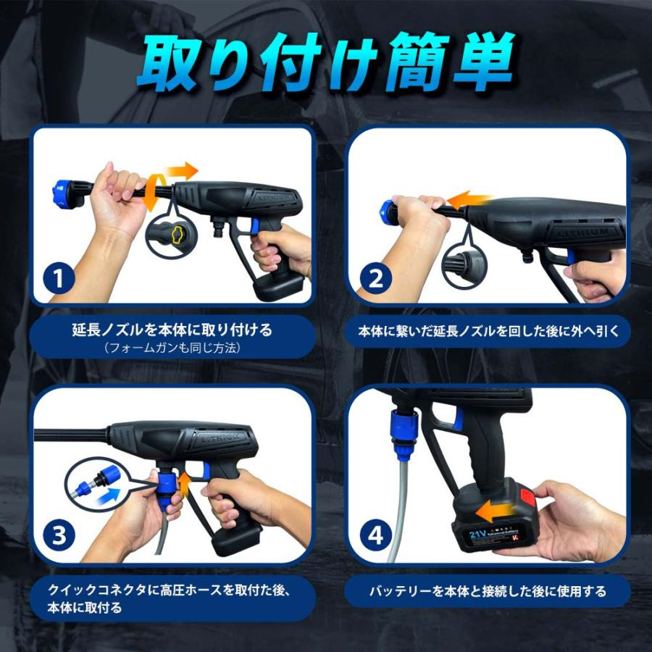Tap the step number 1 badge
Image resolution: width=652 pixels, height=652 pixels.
tap(59, 278)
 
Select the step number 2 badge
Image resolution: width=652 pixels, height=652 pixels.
tap(375, 278)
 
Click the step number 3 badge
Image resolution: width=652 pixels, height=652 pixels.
tap(59, 535)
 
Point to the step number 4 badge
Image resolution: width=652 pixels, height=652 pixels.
tap(375, 535)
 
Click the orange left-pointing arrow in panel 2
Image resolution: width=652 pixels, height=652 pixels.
tap(468, 200)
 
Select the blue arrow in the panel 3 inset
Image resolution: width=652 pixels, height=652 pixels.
tap(108, 497)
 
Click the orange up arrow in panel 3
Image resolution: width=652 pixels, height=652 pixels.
tap(185, 485)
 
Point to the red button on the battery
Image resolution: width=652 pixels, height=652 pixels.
tap(527, 497)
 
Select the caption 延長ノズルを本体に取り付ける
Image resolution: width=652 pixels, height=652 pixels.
tap(172, 330)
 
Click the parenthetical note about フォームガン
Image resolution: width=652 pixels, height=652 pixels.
tap(172, 348)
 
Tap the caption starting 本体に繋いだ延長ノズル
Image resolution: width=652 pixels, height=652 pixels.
tap(488, 331)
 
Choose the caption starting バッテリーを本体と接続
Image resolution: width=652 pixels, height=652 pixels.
tap(488, 591)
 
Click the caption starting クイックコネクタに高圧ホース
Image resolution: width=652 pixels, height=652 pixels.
tap(168, 599)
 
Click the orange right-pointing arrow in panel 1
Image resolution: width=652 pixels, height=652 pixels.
tap(181, 170)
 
